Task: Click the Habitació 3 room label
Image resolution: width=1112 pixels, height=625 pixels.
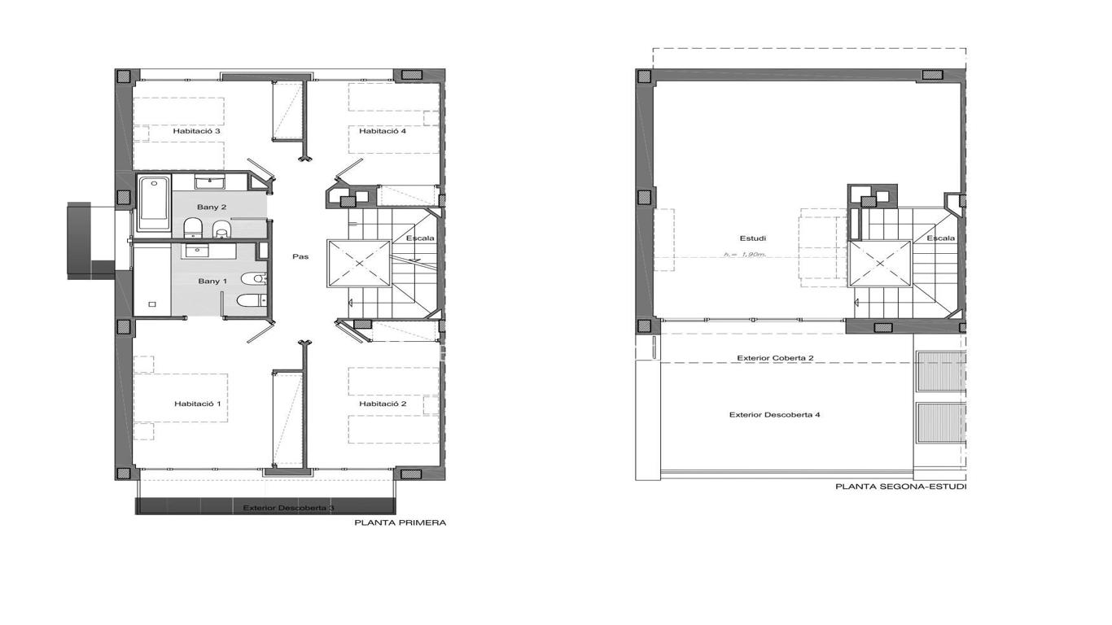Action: pos(196,131)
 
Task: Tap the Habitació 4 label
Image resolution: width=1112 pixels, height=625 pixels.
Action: pos(383,131)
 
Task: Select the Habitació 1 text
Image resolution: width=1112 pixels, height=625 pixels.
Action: pos(197,404)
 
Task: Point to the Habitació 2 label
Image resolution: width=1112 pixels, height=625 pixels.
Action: pos(383,404)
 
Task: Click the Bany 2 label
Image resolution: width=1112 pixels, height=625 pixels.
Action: pos(212,207)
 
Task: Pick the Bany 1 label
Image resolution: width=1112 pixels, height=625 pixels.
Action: pos(212,281)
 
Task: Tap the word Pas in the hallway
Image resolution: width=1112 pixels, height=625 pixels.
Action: pos(300,256)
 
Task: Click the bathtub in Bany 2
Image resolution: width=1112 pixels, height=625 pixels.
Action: pos(154,203)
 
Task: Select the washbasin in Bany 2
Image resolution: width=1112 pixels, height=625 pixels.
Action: pos(209,181)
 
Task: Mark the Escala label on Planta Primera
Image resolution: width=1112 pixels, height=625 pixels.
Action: pos(420,238)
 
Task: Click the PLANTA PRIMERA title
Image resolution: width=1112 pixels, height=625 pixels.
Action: pos(401,522)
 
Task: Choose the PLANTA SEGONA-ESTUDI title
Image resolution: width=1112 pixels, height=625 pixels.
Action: pos(900,487)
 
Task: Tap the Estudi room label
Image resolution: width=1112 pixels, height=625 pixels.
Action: pos(752,238)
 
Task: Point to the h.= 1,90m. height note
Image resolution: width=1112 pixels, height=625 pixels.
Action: pos(745,254)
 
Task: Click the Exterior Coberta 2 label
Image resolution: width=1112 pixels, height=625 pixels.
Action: pos(775,358)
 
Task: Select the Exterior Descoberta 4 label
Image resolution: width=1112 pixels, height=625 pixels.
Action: pos(774,414)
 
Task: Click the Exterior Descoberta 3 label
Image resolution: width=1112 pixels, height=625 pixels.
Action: pos(288,508)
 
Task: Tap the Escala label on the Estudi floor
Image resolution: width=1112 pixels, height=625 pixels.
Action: pos(941,238)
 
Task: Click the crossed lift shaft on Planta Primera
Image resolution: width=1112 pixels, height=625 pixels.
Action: pos(359,263)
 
